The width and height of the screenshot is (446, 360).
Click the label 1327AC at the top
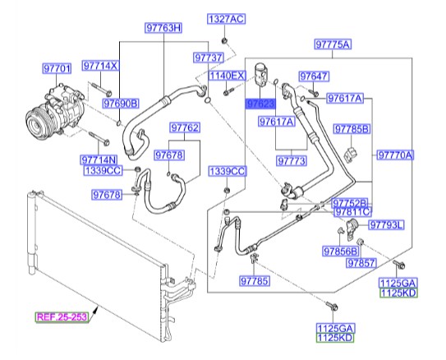225,18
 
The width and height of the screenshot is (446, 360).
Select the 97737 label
209,58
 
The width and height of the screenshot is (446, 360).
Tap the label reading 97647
314,77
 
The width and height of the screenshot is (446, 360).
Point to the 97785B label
352,129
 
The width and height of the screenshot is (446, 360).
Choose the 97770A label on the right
397,155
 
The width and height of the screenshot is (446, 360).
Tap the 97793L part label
386,224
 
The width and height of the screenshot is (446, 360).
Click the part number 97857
361,264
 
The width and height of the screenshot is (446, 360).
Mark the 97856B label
340,251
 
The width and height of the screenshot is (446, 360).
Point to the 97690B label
121,104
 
